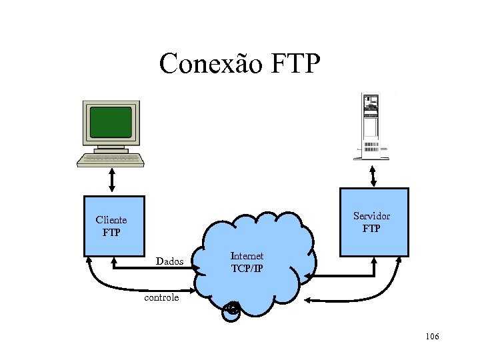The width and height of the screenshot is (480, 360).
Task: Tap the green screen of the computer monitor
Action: click(x=111, y=121)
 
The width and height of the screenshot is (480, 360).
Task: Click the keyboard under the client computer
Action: click(x=110, y=160)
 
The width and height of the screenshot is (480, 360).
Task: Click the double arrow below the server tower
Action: click(x=373, y=175)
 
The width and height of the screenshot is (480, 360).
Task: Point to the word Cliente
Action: click(x=111, y=219)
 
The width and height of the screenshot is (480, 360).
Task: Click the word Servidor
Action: click(x=371, y=216)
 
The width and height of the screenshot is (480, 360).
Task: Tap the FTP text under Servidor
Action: click(x=371, y=229)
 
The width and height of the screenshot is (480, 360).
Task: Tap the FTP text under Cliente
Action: click(x=111, y=233)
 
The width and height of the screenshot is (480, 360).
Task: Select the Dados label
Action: click(x=169, y=261)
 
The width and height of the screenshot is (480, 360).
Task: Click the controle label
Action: click(x=161, y=297)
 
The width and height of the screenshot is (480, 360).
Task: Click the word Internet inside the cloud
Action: click(x=247, y=256)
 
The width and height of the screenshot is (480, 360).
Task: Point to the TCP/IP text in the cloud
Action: click(x=247, y=269)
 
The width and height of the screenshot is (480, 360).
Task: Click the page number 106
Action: click(x=431, y=337)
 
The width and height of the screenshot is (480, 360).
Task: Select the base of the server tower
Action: click(x=371, y=157)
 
